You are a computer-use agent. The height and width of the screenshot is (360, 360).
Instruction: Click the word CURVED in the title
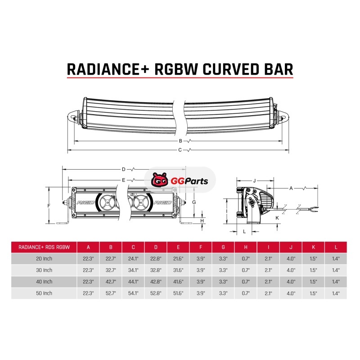click(x=231, y=69)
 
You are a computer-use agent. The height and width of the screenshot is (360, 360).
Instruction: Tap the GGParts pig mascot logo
click(x=159, y=180)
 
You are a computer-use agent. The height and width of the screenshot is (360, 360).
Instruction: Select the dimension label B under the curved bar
click(x=180, y=141)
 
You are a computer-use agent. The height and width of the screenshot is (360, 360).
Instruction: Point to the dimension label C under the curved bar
click(x=180, y=150)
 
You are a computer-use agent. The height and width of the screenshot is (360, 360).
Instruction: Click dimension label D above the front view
click(x=123, y=170)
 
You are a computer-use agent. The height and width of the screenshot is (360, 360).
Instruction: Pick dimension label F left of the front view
click(x=49, y=206)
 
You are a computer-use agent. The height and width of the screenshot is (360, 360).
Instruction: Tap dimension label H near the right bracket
click(x=202, y=221)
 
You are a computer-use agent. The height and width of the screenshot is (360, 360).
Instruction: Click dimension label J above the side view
click(x=254, y=181)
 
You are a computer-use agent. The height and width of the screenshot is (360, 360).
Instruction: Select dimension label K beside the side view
click(x=277, y=218)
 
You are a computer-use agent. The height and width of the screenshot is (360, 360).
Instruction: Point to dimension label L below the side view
click(x=244, y=231)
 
